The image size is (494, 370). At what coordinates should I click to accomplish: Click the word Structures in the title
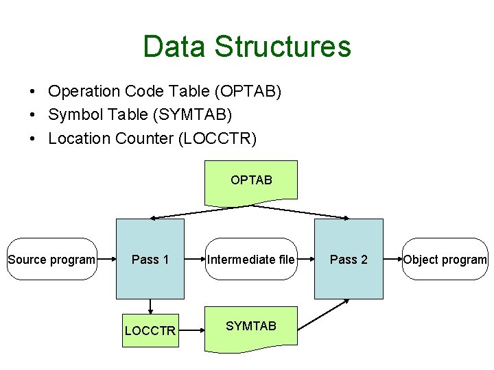[282, 47]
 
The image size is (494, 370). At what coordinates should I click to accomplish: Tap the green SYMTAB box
[251, 327]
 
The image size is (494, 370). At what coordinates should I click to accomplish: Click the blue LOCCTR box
[150, 330]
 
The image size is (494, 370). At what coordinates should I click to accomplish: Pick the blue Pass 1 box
[150, 259]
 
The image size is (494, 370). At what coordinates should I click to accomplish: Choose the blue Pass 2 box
[349, 259]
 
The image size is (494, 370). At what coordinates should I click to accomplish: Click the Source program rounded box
[51, 259]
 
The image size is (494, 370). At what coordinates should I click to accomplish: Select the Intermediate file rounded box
[251, 259]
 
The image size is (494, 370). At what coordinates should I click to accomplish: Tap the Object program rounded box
[445, 259]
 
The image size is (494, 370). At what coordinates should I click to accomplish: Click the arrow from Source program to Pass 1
[107, 259]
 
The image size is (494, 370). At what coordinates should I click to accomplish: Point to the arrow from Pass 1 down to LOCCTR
[150, 307]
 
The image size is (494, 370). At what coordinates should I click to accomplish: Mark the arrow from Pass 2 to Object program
[392, 259]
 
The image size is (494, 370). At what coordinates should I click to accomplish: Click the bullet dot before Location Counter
[32, 139]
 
